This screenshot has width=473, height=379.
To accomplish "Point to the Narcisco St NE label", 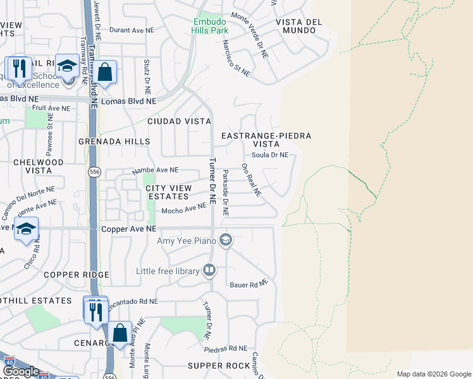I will [236, 59].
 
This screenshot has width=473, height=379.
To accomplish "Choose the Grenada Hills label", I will [114, 142].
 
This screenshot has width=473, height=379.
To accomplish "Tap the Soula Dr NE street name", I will [270, 155].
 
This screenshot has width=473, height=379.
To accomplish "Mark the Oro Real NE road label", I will [251, 180].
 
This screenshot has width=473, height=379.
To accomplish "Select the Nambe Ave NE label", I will [155, 171].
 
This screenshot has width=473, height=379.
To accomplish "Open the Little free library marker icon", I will [209, 271].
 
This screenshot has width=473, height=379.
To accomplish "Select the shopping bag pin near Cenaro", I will [120, 332].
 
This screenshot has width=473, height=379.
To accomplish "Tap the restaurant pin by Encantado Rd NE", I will [95, 311].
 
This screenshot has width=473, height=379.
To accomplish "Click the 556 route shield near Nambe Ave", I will [94, 171].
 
